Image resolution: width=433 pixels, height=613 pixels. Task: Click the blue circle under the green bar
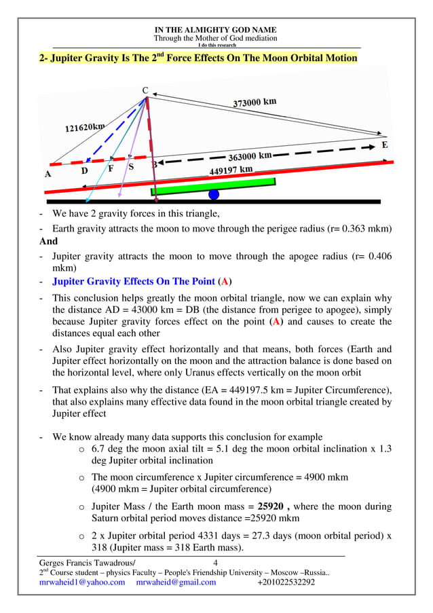click(214, 195)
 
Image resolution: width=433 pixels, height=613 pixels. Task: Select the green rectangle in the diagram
click(213, 186)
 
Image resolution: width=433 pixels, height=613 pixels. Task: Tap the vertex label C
click(145, 90)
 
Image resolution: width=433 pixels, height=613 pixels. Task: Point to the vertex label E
click(385, 145)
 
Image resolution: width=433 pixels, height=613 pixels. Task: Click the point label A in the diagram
click(48, 174)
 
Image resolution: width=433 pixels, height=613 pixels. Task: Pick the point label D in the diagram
click(84, 171)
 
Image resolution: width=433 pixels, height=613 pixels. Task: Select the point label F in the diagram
click(111, 169)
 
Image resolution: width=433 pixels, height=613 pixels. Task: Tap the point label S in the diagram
click(131, 166)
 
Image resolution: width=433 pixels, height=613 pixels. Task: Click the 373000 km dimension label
click(255, 103)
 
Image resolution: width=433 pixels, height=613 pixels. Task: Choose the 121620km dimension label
click(85, 127)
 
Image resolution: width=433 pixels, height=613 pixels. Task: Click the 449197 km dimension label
click(231, 170)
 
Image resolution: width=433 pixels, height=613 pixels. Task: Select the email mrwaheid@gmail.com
click(176, 582)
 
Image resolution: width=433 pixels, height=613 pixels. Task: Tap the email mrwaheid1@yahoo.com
click(82, 582)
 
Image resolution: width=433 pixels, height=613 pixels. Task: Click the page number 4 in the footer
click(215, 563)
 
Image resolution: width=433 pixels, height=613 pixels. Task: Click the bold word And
click(49, 241)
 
